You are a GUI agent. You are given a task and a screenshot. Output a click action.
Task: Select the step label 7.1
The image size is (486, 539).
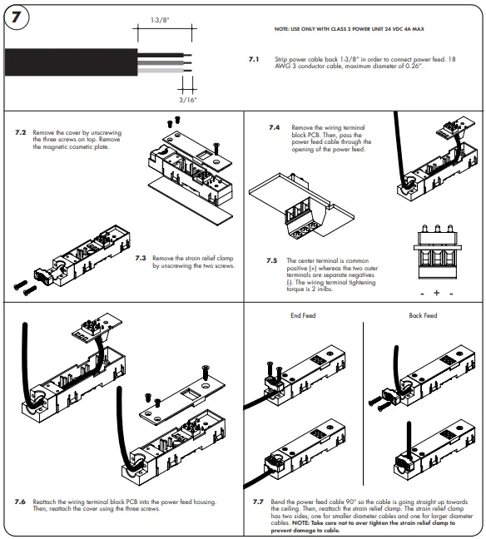point(255,60)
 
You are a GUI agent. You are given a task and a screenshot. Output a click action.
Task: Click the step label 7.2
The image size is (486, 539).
point(21,132)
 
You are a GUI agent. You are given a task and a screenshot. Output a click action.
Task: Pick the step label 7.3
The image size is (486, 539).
point(141,258)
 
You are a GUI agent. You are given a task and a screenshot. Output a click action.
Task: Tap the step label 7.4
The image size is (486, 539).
point(274,128)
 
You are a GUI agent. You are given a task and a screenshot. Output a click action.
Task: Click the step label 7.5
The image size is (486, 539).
point(271,260)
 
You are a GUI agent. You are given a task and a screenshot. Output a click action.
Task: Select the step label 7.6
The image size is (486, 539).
point(20,502)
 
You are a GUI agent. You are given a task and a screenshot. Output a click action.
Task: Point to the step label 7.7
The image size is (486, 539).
point(258,502)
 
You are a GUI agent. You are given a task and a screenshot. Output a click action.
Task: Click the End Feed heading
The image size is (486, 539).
point(303,316)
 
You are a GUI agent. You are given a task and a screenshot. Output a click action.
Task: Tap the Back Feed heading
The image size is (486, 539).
point(423,316)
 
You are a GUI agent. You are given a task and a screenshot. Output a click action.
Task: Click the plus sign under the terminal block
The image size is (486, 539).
point(436,294)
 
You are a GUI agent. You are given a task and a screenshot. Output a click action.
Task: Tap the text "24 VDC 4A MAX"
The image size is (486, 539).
point(403,29)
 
